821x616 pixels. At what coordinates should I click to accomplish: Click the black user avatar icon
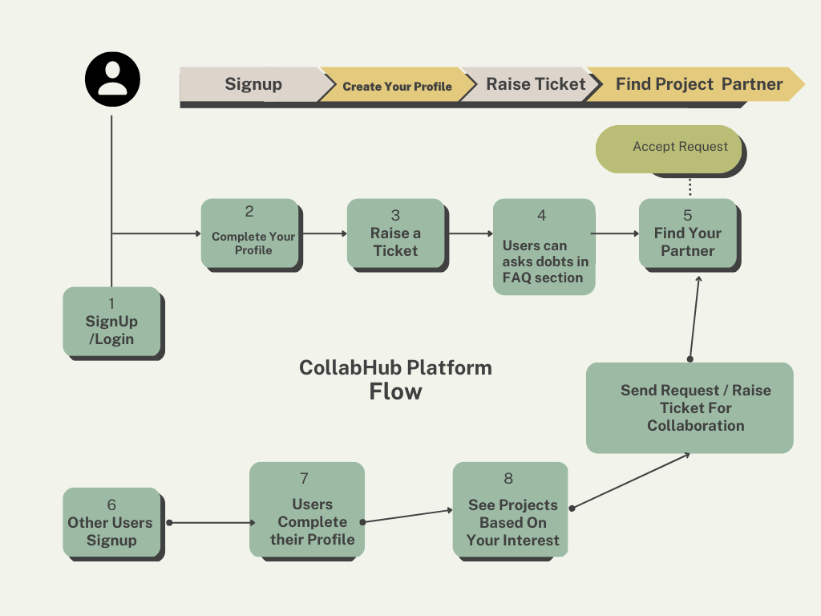click(x=112, y=79)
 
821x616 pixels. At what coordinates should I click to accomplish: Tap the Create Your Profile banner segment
click(x=398, y=84)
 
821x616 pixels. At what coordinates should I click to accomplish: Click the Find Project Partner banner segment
click(x=697, y=84)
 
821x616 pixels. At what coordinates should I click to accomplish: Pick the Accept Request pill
click(x=669, y=148)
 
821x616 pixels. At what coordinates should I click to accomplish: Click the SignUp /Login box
click(x=111, y=322)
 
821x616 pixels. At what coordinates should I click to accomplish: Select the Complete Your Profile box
click(x=250, y=233)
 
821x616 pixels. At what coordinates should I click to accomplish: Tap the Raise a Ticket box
click(x=395, y=233)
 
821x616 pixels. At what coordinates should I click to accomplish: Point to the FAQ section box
click(x=544, y=247)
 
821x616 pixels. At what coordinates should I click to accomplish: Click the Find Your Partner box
click(x=687, y=233)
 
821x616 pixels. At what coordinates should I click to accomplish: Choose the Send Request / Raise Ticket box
click(x=690, y=407)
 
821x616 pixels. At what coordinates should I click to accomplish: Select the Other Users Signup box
click(x=111, y=522)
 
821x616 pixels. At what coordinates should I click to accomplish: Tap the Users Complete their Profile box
click(x=307, y=509)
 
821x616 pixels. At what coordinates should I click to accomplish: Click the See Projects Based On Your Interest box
click(x=510, y=509)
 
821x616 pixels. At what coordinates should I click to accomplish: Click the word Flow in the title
click(x=395, y=391)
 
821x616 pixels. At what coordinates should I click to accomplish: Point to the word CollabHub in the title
click(x=343, y=367)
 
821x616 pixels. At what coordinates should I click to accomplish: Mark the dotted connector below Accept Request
click(x=690, y=187)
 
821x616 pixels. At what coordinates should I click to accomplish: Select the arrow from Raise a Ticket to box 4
click(x=470, y=233)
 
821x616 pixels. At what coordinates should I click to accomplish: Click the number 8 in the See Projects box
click(x=508, y=478)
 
